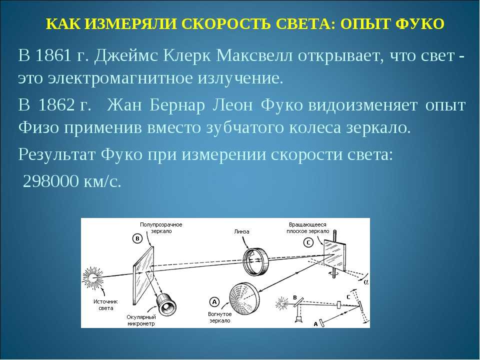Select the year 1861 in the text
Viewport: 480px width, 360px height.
[53, 55]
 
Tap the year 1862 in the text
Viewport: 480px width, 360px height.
[57, 105]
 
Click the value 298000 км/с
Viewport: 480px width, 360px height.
[72, 181]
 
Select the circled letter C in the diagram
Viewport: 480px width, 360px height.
[308, 243]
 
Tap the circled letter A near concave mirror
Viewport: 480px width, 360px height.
[214, 302]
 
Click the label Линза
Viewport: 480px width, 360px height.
[242, 231]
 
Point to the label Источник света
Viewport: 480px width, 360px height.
[105, 305]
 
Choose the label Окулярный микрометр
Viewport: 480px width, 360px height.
[141, 320]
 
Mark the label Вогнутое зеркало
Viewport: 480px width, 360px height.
[220, 317]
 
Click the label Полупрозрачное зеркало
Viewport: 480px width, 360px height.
[161, 228]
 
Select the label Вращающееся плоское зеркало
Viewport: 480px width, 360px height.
[307, 228]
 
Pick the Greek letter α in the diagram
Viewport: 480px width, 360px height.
[366, 282]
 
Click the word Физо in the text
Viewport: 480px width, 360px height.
[38, 127]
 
